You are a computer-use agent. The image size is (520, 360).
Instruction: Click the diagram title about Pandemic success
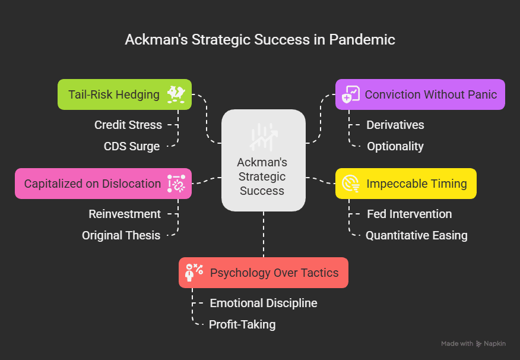(260, 40)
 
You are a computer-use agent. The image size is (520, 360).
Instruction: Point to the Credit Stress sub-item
(128, 125)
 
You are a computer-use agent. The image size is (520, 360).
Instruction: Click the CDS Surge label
(132, 146)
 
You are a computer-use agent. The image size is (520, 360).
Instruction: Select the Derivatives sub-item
(395, 125)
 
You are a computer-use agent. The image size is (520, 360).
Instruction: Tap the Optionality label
(395, 146)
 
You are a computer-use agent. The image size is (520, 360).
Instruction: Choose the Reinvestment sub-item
(125, 214)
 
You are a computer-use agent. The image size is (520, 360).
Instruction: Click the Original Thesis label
(121, 235)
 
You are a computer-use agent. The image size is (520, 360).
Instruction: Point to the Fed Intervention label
(410, 214)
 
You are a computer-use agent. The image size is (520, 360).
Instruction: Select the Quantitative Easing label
(417, 235)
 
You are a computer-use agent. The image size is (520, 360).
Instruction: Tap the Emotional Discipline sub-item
(264, 303)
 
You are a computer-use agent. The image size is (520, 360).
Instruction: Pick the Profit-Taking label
(242, 324)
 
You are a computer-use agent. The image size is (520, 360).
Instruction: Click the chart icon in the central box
(263, 137)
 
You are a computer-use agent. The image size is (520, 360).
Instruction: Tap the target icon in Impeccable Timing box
(351, 184)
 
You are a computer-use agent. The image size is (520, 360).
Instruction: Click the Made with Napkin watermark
(473, 343)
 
